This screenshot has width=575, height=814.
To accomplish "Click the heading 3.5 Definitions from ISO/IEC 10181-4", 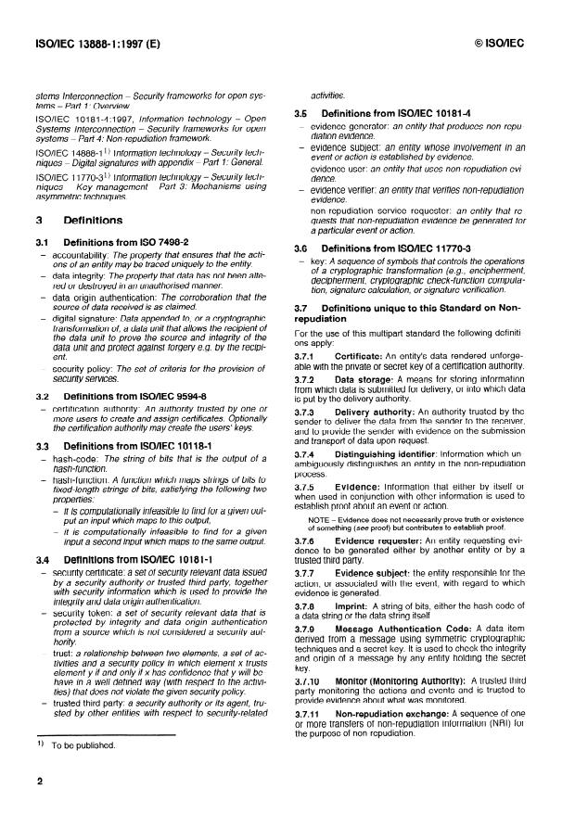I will click(394, 113).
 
